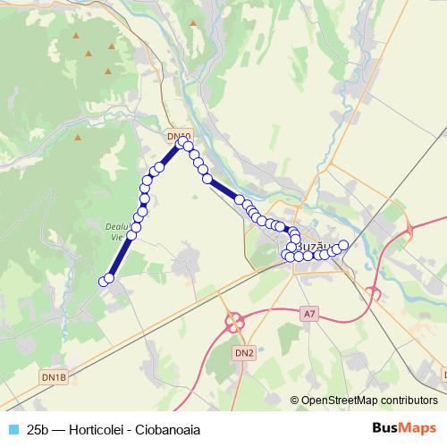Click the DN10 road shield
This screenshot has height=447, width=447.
point(179,135)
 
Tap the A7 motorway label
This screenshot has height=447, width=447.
point(309,314)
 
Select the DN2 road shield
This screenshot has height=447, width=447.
point(244,353)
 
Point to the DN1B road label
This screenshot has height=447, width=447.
point(54,378)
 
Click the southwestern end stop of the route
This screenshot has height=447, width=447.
point(104,281)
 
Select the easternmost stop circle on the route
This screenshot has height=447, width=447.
point(343,244)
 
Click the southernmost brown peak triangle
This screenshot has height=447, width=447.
point(78,138)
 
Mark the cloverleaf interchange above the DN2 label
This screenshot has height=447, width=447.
point(237,321)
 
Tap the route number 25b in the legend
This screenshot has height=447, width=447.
point(38,428)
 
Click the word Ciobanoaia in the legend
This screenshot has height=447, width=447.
point(172,428)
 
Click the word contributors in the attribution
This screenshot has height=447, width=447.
point(409,401)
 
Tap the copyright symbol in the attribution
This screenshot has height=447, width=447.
point(295,401)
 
